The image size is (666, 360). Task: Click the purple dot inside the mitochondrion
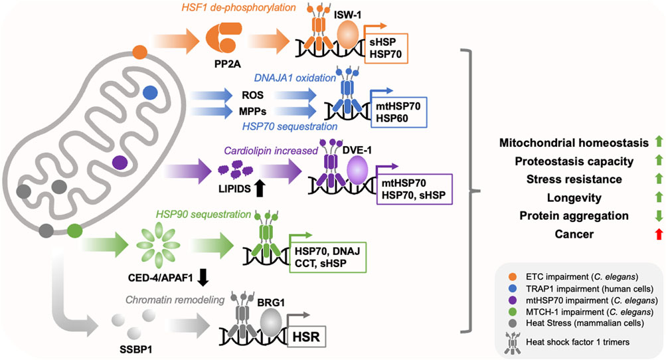click(120, 162)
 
